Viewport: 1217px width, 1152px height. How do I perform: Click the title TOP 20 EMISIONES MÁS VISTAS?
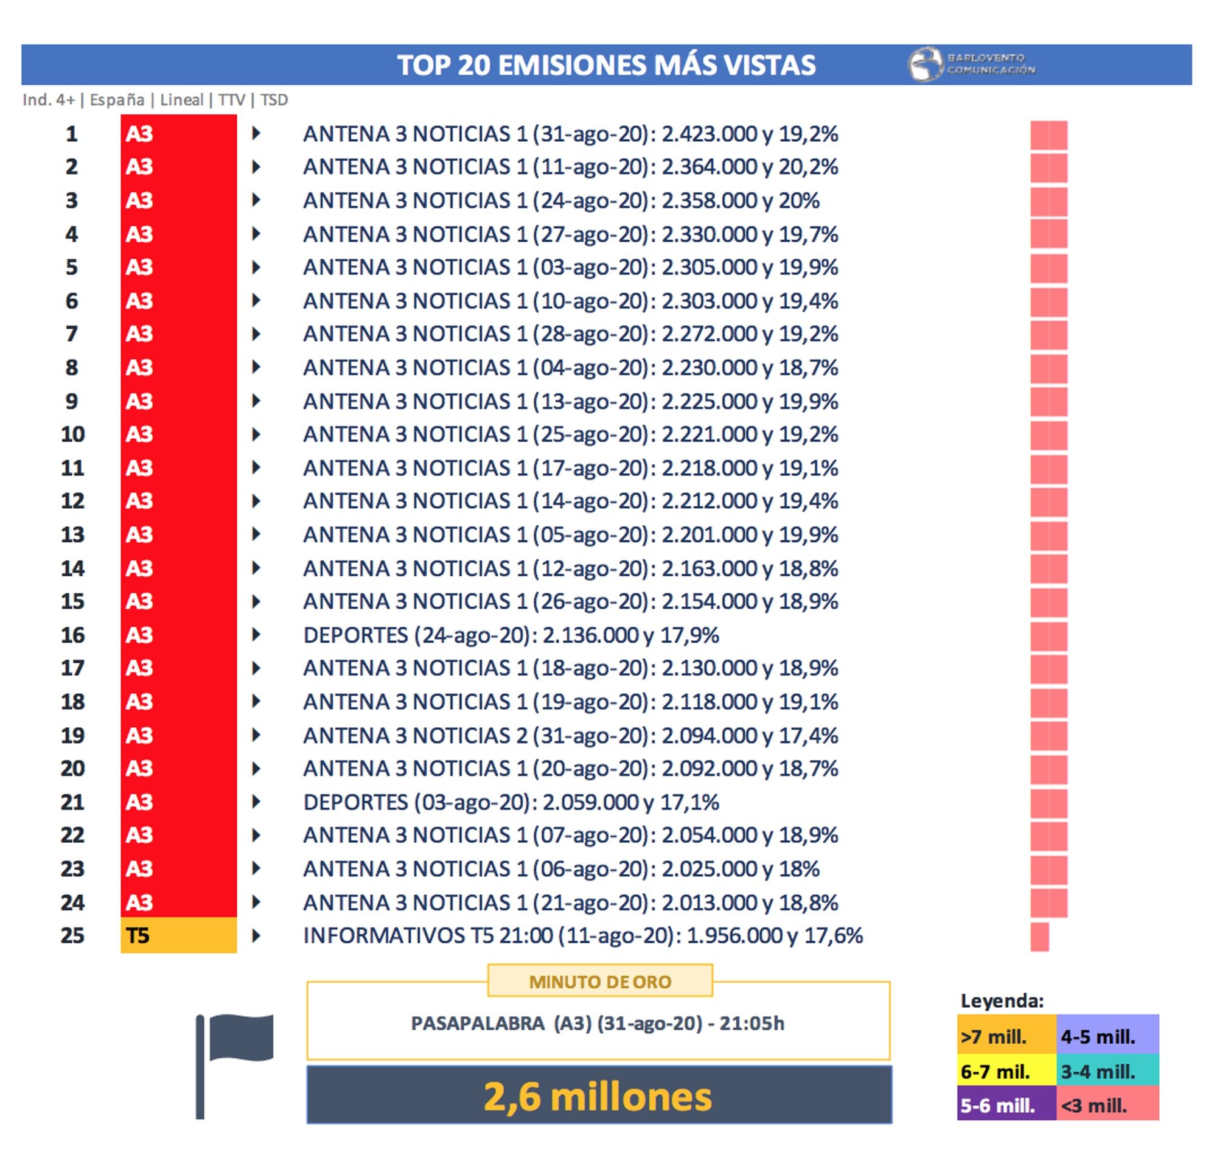[x=606, y=65]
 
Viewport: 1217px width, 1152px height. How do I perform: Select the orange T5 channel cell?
[x=178, y=935]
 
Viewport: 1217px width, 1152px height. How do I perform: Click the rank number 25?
[x=72, y=935]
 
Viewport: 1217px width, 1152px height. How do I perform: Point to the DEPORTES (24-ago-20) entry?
[x=511, y=635]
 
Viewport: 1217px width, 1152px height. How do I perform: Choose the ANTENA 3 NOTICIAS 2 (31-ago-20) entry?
[x=570, y=735]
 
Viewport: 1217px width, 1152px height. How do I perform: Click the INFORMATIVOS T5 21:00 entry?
[x=583, y=935]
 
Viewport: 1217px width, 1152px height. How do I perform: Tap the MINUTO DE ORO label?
[x=600, y=981]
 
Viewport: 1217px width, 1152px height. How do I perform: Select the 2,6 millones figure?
[x=598, y=1097]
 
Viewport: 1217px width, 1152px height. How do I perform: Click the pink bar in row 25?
[x=1039, y=937]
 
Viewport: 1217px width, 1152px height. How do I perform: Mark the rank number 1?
[x=72, y=134]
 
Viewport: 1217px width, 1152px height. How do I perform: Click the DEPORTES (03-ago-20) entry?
[x=511, y=802]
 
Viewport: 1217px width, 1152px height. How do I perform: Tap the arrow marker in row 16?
[x=256, y=634]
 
